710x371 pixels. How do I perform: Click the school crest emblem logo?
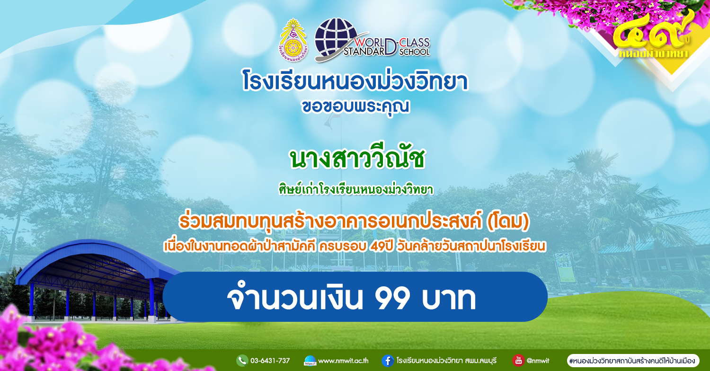pos(293,40)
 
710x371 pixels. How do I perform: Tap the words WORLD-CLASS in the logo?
pos(392,43)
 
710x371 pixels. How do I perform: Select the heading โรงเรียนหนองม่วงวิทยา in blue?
pos(355,81)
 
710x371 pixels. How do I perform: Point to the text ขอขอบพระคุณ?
pos(355,107)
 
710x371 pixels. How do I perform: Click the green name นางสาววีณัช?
pos(357,159)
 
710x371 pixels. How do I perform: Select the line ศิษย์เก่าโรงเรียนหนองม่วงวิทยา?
pos(356,189)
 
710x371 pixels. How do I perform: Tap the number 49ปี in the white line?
pos(381,246)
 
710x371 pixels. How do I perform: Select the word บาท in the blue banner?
pos(449,298)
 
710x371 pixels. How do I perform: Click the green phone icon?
pos(242,361)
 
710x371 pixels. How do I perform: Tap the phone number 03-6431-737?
pos(270,361)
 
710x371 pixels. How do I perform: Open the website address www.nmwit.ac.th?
pos(343,361)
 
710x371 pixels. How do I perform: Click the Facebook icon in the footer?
pos(388,361)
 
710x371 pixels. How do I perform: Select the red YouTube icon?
pos(518,360)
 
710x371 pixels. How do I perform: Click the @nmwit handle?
pos(538,361)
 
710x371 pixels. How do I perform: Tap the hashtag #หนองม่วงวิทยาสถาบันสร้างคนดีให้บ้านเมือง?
pos(632,361)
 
